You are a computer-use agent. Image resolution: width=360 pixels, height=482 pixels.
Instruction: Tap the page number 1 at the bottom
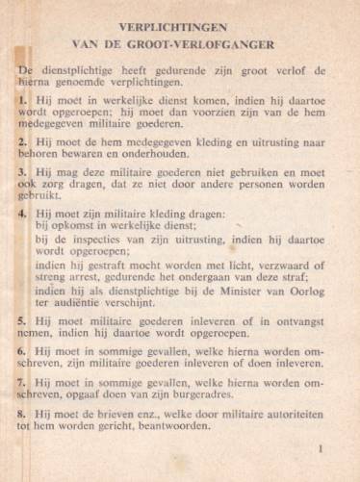[321, 447]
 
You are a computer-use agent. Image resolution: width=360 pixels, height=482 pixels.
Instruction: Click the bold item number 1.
[23, 99]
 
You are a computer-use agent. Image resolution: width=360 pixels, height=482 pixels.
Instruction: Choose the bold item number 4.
[23, 212]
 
